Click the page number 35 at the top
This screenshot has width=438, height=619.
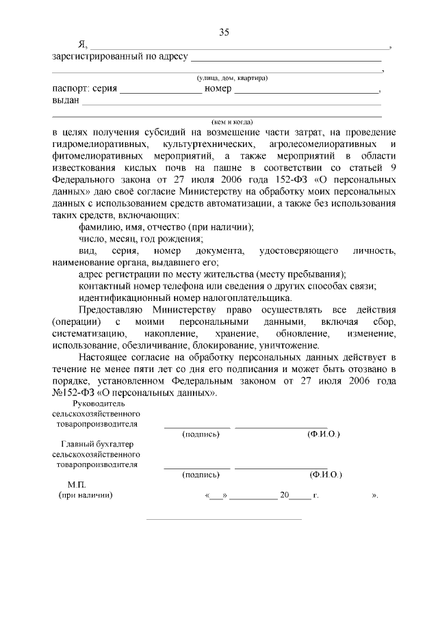(x=223, y=32)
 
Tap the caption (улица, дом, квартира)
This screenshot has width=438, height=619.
(x=228, y=78)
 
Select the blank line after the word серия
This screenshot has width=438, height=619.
(x=161, y=90)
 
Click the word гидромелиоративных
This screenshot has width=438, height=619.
(x=100, y=145)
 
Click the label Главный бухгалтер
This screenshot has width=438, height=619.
(x=98, y=445)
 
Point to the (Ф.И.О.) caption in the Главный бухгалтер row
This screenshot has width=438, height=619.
(x=325, y=474)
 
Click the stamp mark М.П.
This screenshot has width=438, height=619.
(x=77, y=484)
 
